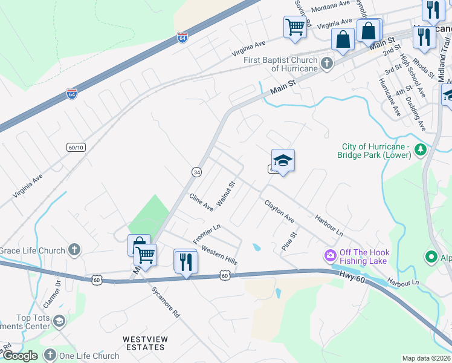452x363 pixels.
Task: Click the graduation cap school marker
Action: [283, 161]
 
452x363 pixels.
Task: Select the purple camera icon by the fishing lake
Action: [330, 256]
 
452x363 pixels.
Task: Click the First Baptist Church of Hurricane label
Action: [281, 64]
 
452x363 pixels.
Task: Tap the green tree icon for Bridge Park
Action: [421, 149]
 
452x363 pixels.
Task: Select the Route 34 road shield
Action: [196, 172]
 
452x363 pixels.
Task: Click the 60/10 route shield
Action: [76, 147]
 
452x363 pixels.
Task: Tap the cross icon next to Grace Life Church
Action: [74, 249]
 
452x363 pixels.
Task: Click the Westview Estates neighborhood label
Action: [144, 343]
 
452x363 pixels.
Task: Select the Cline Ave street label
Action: [201, 202]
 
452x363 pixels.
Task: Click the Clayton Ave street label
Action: [279, 210]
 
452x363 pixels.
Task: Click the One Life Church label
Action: [89, 356]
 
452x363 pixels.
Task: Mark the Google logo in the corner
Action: [20, 356]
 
